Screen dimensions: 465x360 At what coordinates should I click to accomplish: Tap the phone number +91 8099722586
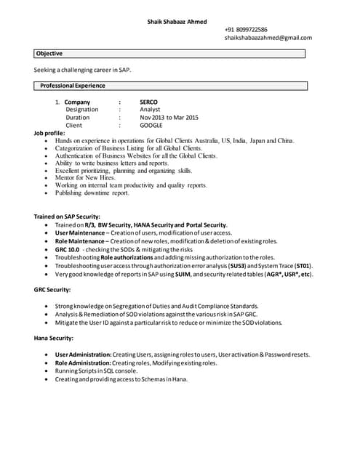click(246, 29)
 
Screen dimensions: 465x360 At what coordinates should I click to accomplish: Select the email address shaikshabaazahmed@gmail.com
click(268, 38)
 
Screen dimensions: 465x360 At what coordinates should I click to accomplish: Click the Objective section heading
click(49, 54)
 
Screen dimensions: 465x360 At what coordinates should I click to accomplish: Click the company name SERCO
click(148, 102)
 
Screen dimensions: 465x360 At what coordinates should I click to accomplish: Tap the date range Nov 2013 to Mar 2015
click(168, 118)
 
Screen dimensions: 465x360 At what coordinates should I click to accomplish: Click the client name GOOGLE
click(151, 126)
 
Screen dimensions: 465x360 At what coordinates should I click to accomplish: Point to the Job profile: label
click(49, 134)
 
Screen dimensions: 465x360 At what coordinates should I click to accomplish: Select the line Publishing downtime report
click(92, 193)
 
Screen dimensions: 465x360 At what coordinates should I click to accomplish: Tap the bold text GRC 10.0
click(68, 250)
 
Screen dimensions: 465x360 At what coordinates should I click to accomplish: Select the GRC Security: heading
click(52, 290)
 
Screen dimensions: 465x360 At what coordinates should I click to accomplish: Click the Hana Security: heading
click(53, 339)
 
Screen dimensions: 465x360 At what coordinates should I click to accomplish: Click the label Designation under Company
click(82, 110)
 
